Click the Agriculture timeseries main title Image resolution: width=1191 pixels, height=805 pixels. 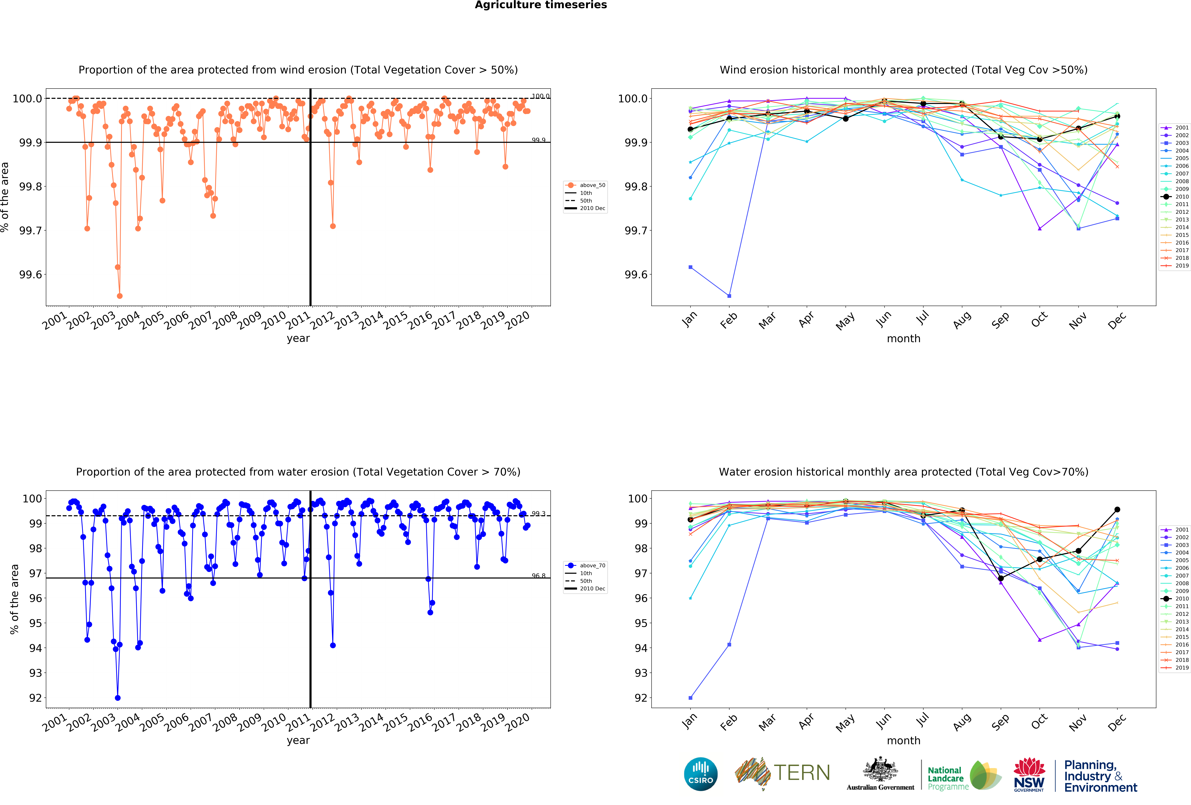541,5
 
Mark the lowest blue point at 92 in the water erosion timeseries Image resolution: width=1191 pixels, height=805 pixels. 118,698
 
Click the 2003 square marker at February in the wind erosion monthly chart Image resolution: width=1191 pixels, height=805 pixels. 729,296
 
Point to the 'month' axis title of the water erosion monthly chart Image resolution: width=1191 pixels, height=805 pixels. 903,740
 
